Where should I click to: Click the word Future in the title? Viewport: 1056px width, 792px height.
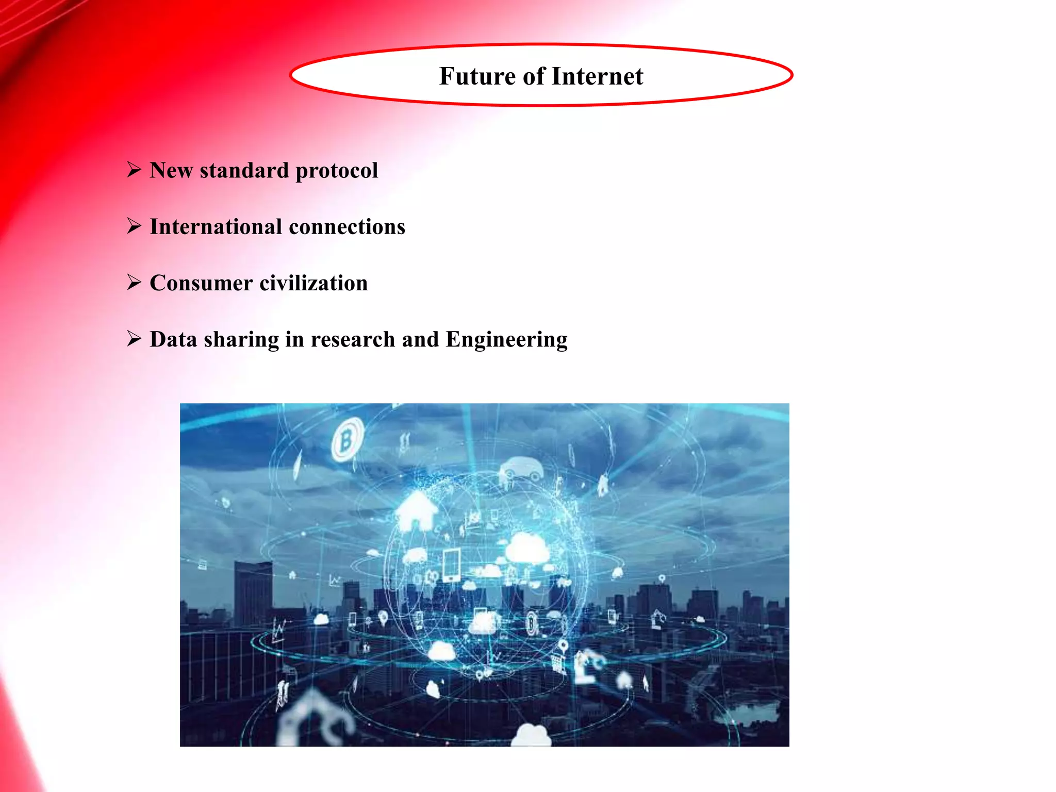pyautogui.click(x=477, y=76)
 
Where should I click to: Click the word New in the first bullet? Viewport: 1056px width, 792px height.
pyautogui.click(x=171, y=170)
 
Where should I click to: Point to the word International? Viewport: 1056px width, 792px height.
pyautogui.click(x=216, y=227)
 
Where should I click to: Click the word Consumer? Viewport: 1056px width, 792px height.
pyautogui.click(x=201, y=283)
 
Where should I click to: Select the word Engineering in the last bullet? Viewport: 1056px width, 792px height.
pyautogui.click(x=506, y=340)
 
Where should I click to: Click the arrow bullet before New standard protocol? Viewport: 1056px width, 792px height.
pyautogui.click(x=134, y=169)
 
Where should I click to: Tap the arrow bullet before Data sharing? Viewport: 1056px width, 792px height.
pyautogui.click(x=134, y=338)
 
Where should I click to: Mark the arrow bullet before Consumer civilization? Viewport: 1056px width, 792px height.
pyautogui.click(x=134, y=282)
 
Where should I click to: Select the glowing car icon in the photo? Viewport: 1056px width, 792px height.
pyautogui.click(x=521, y=470)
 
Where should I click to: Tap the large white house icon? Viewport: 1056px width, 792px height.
pyautogui.click(x=417, y=510)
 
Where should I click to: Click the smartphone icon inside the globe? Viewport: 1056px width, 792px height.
pyautogui.click(x=451, y=565)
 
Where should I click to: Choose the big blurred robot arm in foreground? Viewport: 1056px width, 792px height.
pyautogui.click(x=315, y=717)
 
